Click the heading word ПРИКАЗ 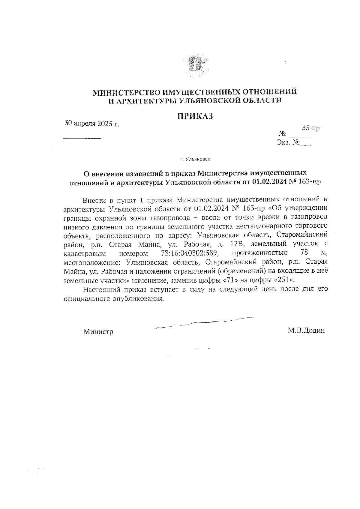point(195,116)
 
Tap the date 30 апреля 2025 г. point(92,123)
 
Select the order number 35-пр point(310,128)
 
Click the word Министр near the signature point(98,332)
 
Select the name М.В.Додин point(306,331)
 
